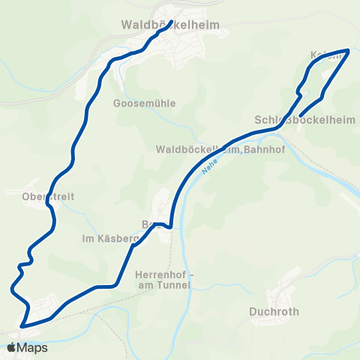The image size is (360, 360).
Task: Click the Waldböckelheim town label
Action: coord(170,25)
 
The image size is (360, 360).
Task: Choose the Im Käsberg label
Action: coord(110,238)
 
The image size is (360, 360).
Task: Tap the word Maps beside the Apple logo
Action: coord(32,347)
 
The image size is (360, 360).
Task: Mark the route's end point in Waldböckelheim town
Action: coord(172,22)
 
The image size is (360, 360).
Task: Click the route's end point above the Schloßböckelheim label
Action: coord(300,115)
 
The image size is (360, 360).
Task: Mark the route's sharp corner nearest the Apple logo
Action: coord(22,326)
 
